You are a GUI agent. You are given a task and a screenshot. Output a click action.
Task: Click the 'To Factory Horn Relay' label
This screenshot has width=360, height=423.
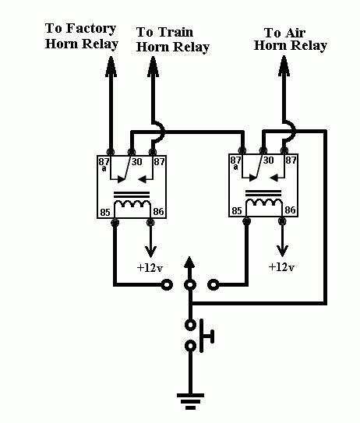82,36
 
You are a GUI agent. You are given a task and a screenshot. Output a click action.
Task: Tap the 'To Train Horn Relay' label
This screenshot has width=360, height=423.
173,40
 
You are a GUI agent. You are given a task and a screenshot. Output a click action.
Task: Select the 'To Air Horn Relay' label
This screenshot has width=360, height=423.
291,40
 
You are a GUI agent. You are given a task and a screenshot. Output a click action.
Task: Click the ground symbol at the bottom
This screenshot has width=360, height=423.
191,401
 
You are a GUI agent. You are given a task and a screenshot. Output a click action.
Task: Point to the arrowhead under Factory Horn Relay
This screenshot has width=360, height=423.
111,66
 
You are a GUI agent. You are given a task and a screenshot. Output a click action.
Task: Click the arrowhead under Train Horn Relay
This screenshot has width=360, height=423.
153,66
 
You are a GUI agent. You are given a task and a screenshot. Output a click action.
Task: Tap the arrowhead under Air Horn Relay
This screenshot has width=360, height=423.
284,65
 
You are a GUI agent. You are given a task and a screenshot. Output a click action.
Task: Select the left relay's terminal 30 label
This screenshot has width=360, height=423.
136,161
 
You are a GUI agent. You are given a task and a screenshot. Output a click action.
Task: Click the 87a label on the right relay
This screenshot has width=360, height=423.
235,163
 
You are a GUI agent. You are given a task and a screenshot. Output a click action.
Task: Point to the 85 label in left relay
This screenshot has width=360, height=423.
105,213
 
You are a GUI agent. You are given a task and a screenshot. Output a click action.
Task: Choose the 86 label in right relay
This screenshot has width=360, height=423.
290,210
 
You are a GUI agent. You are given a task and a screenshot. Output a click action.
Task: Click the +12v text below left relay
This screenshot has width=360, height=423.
150,268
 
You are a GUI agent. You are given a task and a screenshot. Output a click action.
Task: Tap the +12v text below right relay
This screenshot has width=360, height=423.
281,266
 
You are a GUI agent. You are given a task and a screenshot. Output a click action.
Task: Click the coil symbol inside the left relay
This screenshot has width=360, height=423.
132,203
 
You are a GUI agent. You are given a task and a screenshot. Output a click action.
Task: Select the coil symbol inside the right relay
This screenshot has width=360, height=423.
263,203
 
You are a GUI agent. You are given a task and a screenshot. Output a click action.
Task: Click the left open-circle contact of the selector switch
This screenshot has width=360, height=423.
167,284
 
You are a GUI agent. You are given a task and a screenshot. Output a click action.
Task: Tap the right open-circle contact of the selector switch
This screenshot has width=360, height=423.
214,284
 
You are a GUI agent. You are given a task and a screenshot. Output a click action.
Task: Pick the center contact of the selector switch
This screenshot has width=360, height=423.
190,284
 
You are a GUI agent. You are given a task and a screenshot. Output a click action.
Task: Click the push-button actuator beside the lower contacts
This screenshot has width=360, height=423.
206,336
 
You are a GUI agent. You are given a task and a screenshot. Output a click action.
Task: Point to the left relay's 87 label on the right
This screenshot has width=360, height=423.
159,161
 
